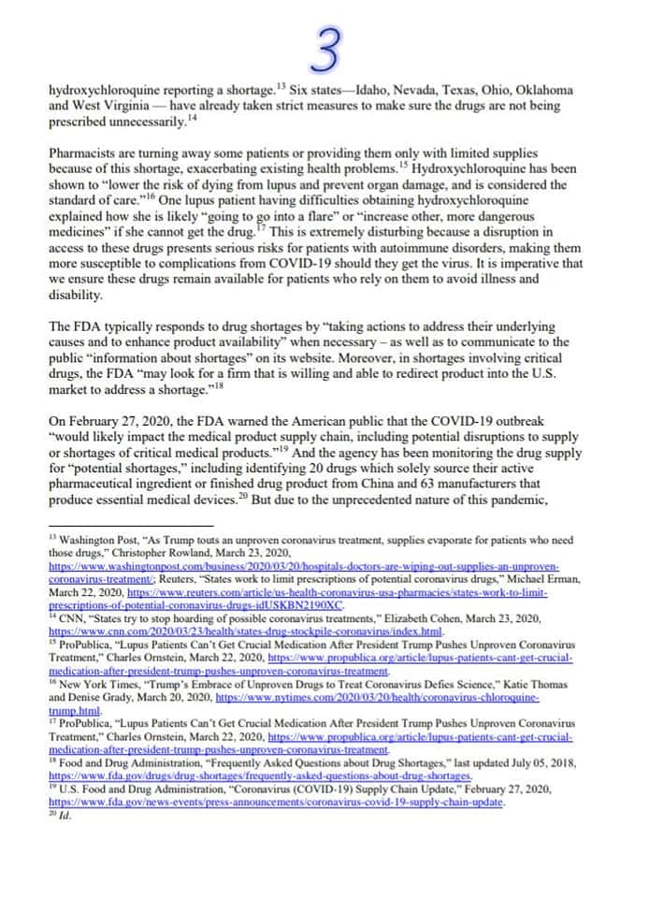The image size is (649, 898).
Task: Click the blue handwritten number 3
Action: coord(325,51)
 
